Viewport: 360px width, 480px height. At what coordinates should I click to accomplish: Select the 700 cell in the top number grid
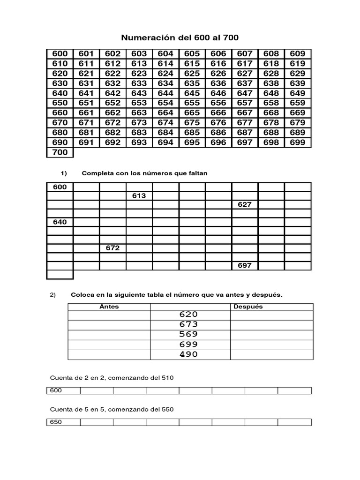[60, 152]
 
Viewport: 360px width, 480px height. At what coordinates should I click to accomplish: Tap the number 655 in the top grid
[192, 103]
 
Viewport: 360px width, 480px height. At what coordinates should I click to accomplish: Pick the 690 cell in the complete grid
[60, 142]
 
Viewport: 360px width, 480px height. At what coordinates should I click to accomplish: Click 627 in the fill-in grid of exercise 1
[245, 204]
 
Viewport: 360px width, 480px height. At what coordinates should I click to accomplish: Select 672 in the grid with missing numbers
[112, 248]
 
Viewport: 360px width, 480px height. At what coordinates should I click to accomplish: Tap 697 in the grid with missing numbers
[245, 265]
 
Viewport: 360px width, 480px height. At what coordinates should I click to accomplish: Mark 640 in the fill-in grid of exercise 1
[60, 222]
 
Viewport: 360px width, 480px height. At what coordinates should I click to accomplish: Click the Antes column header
[109, 307]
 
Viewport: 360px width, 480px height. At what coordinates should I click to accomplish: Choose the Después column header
[248, 307]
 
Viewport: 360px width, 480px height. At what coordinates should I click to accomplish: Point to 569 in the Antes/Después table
[188, 334]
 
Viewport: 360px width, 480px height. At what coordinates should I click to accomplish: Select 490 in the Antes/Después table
[188, 354]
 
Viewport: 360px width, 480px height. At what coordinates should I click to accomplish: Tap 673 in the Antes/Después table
[188, 324]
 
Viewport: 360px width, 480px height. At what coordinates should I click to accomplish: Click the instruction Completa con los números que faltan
[144, 173]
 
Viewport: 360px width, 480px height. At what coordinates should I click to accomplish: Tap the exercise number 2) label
[52, 295]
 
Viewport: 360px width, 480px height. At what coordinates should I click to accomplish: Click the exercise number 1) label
[64, 173]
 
